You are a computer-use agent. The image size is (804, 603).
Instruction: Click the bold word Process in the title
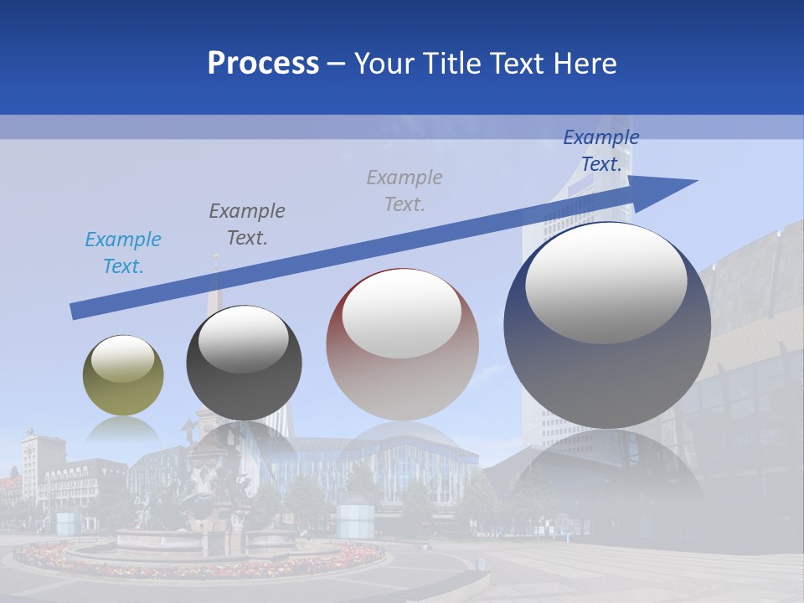pyautogui.click(x=263, y=63)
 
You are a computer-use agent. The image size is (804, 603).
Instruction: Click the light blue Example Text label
pyautogui.click(x=123, y=253)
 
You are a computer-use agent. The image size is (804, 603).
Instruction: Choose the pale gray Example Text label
pyautogui.click(x=405, y=190)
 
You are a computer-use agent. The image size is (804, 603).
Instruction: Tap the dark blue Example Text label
pyautogui.click(x=600, y=151)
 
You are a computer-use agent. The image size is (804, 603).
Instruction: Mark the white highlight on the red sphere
pyautogui.click(x=401, y=314)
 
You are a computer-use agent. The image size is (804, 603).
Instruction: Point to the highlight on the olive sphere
pyautogui.click(x=123, y=358)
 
